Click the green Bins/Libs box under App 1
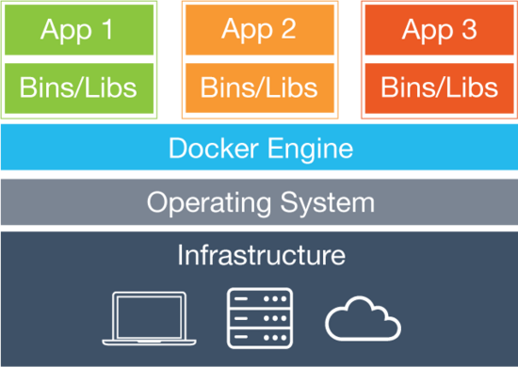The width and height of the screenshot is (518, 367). pos(77,88)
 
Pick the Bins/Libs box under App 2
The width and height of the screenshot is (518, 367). pos(258,88)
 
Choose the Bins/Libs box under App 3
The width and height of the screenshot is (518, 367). pos(439,88)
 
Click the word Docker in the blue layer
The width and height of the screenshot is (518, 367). pos(214,149)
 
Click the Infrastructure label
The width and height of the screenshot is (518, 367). pos(261,255)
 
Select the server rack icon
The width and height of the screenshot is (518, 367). pos(260,317)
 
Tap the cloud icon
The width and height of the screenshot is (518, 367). pos(363,320)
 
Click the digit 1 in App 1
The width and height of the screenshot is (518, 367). pos(131,29)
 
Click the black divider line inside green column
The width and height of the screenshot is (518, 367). pos(77,59)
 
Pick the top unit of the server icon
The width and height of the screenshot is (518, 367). pos(260,299)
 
